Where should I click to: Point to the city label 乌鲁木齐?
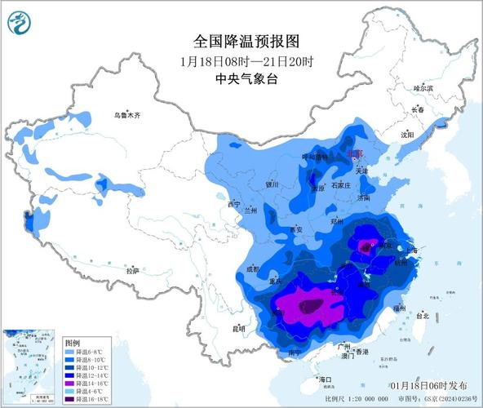127,116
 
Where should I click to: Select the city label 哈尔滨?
424,87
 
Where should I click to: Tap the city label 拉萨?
132,270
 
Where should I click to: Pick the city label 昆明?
239,329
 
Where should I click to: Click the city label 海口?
326,380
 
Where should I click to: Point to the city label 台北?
422,315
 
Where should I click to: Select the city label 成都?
257,268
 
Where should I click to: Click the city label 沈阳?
406,134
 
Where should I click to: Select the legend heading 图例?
73,343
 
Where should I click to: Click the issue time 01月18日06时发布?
428,385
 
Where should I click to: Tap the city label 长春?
418,109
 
